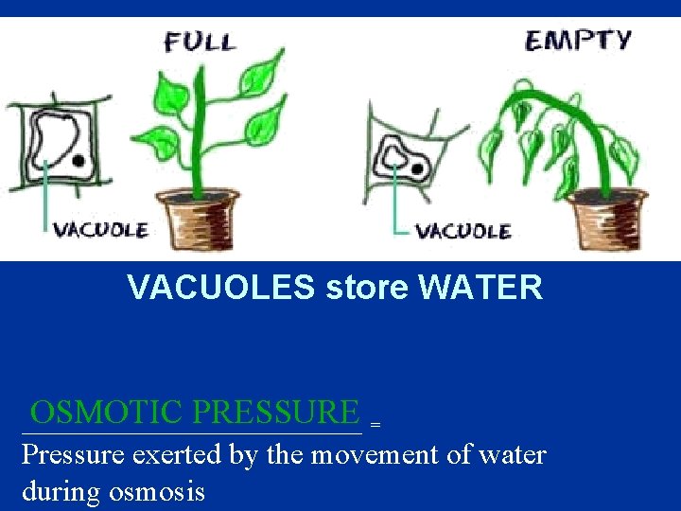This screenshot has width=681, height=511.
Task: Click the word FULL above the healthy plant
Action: tap(199, 42)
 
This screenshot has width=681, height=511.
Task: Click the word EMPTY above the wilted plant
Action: tap(578, 41)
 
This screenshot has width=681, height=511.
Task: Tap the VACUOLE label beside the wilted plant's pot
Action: tap(463, 231)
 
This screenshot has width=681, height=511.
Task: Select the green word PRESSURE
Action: tap(275, 413)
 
